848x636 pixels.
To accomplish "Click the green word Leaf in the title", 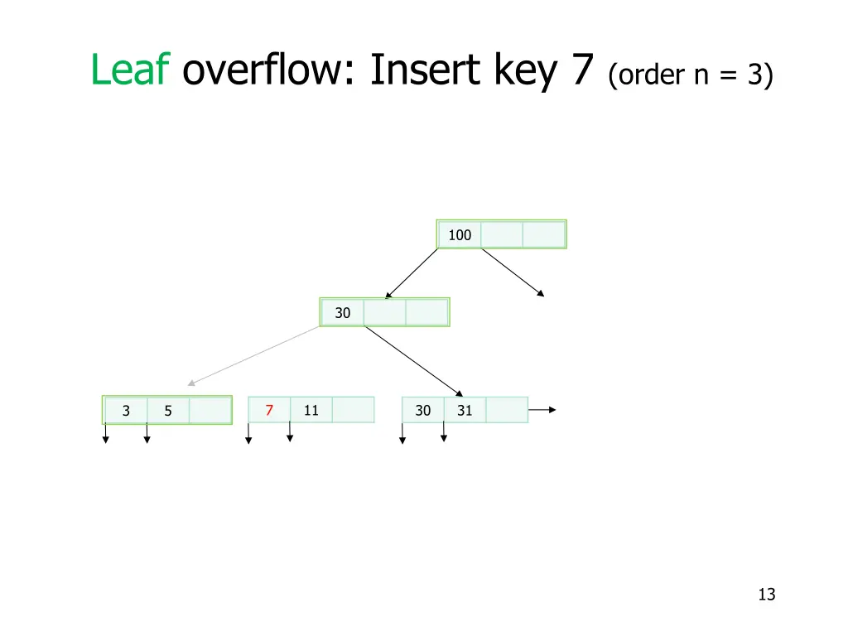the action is click(x=131, y=70).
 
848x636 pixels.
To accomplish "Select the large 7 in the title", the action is click(x=582, y=70).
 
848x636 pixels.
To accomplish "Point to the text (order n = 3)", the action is click(x=691, y=75).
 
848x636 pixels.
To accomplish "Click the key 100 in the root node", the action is click(x=460, y=235).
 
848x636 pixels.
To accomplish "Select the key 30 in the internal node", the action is click(x=343, y=313).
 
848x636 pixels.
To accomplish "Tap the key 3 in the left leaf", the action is click(x=126, y=411).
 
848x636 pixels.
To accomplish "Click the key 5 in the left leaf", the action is click(x=168, y=411).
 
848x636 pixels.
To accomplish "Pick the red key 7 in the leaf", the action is click(x=269, y=410).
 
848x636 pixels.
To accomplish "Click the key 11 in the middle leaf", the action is click(x=311, y=410).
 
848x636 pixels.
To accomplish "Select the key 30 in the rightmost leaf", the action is click(x=423, y=410).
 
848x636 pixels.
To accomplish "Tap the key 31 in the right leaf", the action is click(x=465, y=410).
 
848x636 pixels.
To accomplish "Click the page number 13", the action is click(x=766, y=594).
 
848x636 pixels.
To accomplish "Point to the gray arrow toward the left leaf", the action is click(x=253, y=356).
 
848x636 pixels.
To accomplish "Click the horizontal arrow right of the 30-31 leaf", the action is click(x=542, y=410).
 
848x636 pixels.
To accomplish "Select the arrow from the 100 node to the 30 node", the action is click(x=412, y=273).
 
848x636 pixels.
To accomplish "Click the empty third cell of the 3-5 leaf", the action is click(x=210, y=411).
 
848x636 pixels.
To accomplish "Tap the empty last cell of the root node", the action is click(x=543, y=235).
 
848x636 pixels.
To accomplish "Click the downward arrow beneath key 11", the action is click(x=289, y=431).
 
